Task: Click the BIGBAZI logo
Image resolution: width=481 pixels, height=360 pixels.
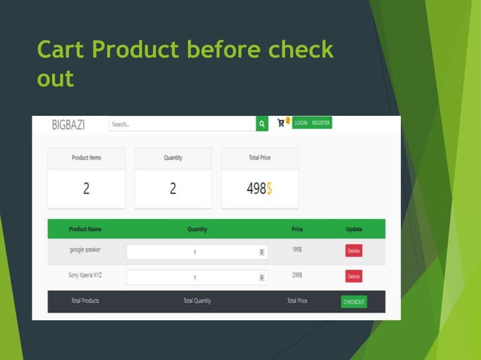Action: pyautogui.click(x=68, y=125)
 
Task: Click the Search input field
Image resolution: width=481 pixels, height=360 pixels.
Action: pyautogui.click(x=181, y=124)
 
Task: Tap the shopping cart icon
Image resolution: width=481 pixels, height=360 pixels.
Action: pyautogui.click(x=281, y=123)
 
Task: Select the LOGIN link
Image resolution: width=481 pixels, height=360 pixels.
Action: pyautogui.click(x=301, y=123)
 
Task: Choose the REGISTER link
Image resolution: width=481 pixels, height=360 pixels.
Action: pyautogui.click(x=321, y=123)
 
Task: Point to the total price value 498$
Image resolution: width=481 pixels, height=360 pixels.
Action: pyautogui.click(x=259, y=189)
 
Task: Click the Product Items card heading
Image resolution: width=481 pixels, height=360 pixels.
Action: pyautogui.click(x=86, y=158)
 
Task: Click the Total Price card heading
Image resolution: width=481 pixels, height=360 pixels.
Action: pyautogui.click(x=259, y=158)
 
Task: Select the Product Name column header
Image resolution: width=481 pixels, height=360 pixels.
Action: pyautogui.click(x=85, y=229)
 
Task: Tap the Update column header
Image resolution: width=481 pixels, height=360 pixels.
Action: pyautogui.click(x=354, y=229)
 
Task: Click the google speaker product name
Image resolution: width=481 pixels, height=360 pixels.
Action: pyautogui.click(x=85, y=249)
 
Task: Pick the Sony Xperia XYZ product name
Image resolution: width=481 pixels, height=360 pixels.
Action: pyautogui.click(x=85, y=275)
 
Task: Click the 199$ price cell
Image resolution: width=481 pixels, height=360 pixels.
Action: pyautogui.click(x=297, y=249)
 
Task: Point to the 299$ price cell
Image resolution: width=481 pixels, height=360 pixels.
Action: pyautogui.click(x=297, y=275)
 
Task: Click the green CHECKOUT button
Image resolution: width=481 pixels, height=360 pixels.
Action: pyautogui.click(x=354, y=302)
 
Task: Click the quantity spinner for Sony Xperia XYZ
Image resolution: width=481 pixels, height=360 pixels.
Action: pyautogui.click(x=262, y=277)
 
